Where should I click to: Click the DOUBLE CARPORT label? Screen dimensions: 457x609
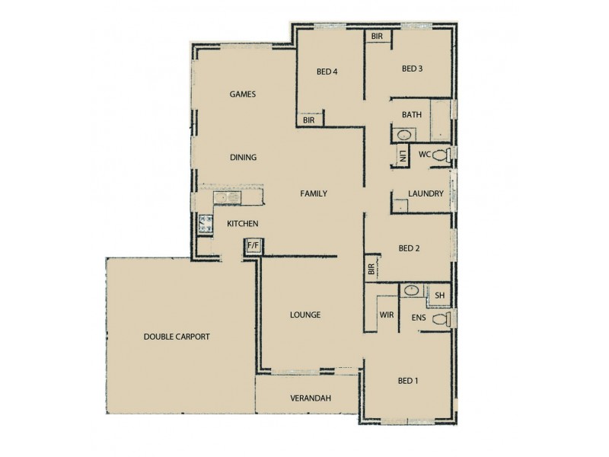(176, 336)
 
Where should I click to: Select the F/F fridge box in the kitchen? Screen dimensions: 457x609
(253, 245)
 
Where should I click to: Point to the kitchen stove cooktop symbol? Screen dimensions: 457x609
(205, 223)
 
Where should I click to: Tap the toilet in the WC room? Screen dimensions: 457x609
(448, 155)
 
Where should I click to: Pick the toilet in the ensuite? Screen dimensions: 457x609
(442, 318)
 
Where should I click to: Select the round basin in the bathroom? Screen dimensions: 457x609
(404, 135)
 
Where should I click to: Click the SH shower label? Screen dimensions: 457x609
(440, 296)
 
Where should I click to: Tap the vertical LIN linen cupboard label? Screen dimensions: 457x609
(401, 156)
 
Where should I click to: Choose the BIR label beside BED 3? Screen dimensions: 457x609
(377, 37)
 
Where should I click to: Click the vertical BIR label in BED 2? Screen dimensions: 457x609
(371, 269)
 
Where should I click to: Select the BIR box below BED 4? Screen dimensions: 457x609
(308, 120)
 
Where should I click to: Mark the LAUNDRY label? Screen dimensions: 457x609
(426, 193)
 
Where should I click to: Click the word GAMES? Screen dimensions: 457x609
(242, 94)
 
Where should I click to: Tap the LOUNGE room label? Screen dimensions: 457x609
(305, 315)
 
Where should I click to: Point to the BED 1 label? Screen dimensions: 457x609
(409, 381)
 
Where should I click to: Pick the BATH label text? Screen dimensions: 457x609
(412, 115)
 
